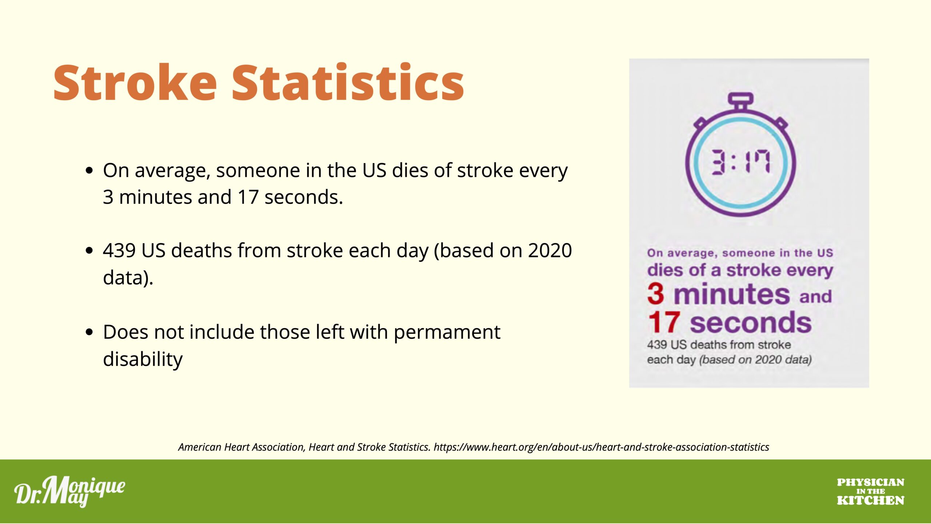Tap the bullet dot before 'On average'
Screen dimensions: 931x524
click(89, 170)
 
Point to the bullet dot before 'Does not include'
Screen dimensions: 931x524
click(89, 332)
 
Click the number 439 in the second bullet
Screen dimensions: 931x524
click(119, 251)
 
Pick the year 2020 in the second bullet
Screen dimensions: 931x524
click(550, 251)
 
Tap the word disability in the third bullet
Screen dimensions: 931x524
click(143, 359)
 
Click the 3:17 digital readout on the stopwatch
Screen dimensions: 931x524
click(740, 162)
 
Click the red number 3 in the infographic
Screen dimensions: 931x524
click(655, 294)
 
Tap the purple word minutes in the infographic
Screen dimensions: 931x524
click(732, 294)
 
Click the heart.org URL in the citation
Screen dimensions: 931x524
click(601, 447)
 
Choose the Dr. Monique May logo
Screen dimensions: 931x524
click(70, 491)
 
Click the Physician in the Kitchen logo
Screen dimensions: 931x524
click(870, 492)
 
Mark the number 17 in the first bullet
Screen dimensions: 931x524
click(248, 197)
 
